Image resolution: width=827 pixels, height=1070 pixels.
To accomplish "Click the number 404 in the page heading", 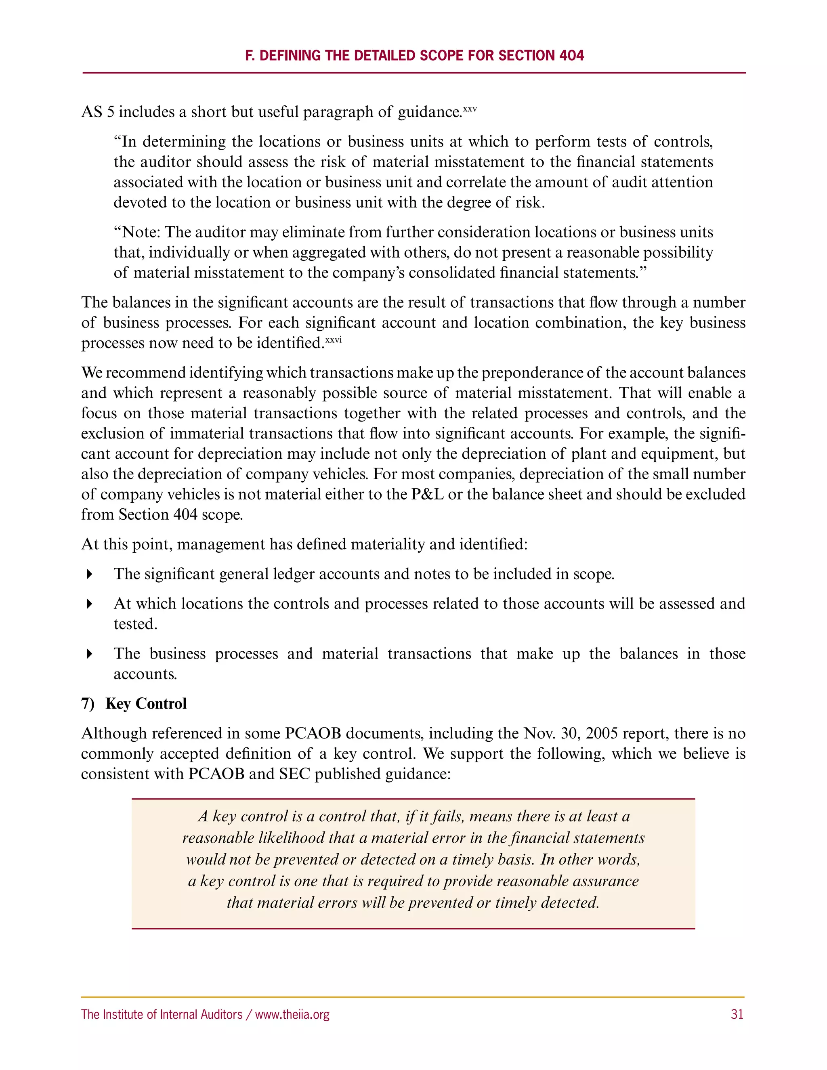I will pos(571,55).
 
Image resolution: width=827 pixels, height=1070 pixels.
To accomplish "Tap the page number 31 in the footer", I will pos(737,1014).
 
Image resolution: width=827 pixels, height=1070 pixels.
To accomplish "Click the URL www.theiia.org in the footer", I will pos(292,1014).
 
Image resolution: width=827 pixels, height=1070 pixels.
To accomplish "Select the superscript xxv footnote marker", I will pos(470,108).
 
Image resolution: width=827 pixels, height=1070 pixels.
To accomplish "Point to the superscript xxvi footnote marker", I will pos(333,339).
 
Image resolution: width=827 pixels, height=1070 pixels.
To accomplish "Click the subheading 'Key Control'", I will pos(146,703).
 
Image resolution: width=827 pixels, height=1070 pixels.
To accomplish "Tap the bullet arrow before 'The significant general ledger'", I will pos(89,574).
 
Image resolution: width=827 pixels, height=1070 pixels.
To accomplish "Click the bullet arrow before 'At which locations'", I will pos(89,604).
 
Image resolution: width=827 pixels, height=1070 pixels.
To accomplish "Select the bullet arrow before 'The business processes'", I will pos(89,654).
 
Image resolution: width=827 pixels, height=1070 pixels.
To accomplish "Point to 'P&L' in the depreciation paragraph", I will pos(427,494).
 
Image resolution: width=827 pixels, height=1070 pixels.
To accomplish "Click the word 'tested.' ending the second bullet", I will pos(135,624).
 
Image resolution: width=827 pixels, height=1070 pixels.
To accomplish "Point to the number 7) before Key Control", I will pos(88,703).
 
